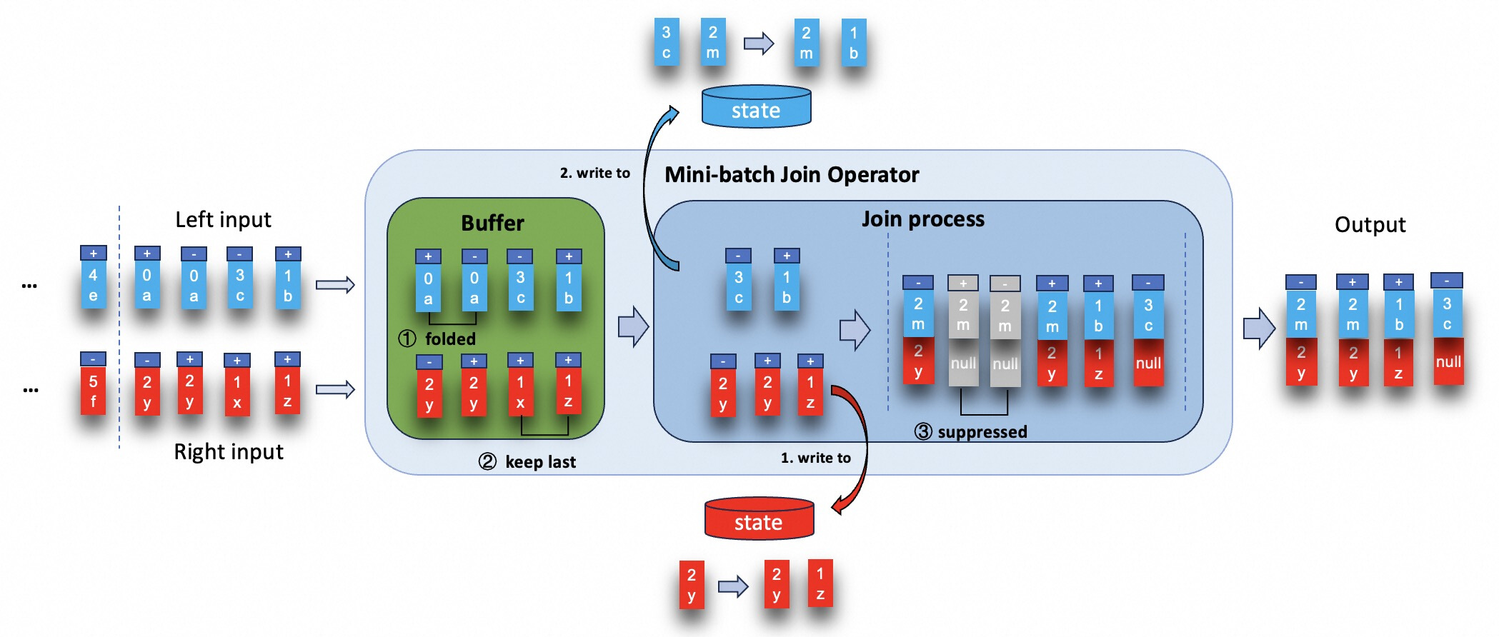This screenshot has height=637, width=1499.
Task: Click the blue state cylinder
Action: (756, 108)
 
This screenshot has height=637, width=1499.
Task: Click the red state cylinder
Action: (759, 519)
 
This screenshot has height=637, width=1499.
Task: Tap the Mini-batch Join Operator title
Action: (792, 175)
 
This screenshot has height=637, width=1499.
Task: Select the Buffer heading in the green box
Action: (492, 224)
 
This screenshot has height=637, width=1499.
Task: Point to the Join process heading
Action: (922, 219)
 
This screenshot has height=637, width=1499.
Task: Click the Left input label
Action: (223, 220)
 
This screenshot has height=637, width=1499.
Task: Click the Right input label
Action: (229, 452)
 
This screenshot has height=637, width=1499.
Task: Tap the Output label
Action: (1370, 225)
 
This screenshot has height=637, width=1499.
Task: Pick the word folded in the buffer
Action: (450, 338)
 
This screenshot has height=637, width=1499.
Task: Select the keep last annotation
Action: (540, 462)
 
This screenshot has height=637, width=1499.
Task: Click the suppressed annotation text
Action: (982, 432)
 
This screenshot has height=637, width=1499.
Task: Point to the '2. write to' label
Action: (594, 173)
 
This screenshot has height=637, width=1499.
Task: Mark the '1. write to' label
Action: (815, 458)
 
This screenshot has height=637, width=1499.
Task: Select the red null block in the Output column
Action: (1448, 362)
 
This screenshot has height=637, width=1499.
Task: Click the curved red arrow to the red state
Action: (861, 443)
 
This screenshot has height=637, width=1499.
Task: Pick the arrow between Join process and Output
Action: (1259, 328)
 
